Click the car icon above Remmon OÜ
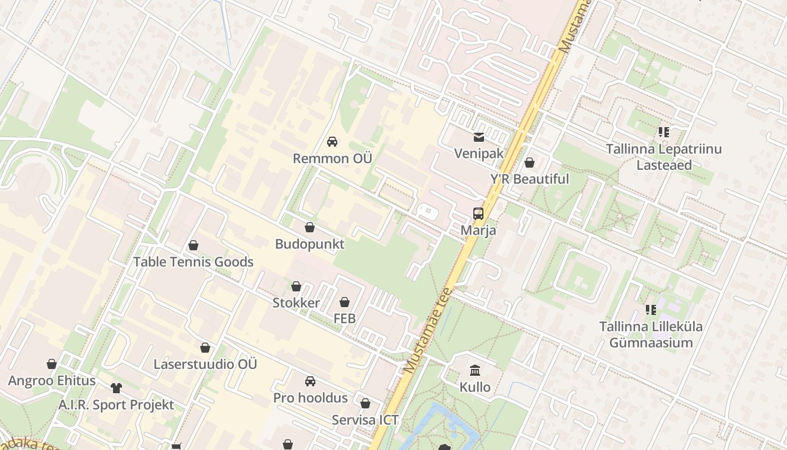click(332, 142)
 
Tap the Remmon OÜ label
click(332, 159)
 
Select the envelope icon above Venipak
click(478, 137)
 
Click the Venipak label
click(478, 154)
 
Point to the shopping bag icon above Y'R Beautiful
click(529, 163)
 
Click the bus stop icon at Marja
click(478, 214)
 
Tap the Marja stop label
click(478, 230)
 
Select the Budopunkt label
click(310, 244)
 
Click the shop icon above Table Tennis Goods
click(193, 245)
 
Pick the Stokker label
click(296, 303)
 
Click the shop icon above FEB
click(345, 302)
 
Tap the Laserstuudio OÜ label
click(205, 364)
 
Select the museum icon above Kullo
click(475, 370)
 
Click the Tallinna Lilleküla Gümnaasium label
click(651, 335)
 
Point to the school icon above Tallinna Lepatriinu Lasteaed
click(664, 132)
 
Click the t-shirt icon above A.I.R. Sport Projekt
click(116, 388)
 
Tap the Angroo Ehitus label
click(52, 381)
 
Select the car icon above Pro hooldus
click(310, 381)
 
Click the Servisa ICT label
click(365, 420)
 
